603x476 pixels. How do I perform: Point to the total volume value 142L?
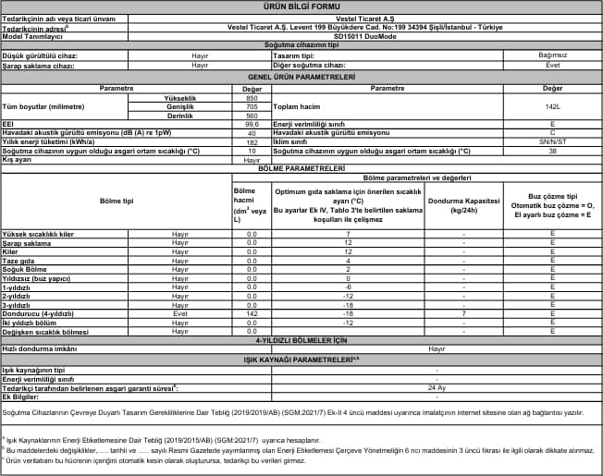[x=552, y=106]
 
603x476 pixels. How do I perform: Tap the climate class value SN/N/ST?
[x=552, y=142]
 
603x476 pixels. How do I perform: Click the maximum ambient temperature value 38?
[x=552, y=150]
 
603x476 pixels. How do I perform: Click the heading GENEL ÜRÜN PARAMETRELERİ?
[x=301, y=77]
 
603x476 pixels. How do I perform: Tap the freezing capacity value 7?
[x=462, y=314]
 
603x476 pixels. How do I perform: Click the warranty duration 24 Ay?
[x=437, y=387]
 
